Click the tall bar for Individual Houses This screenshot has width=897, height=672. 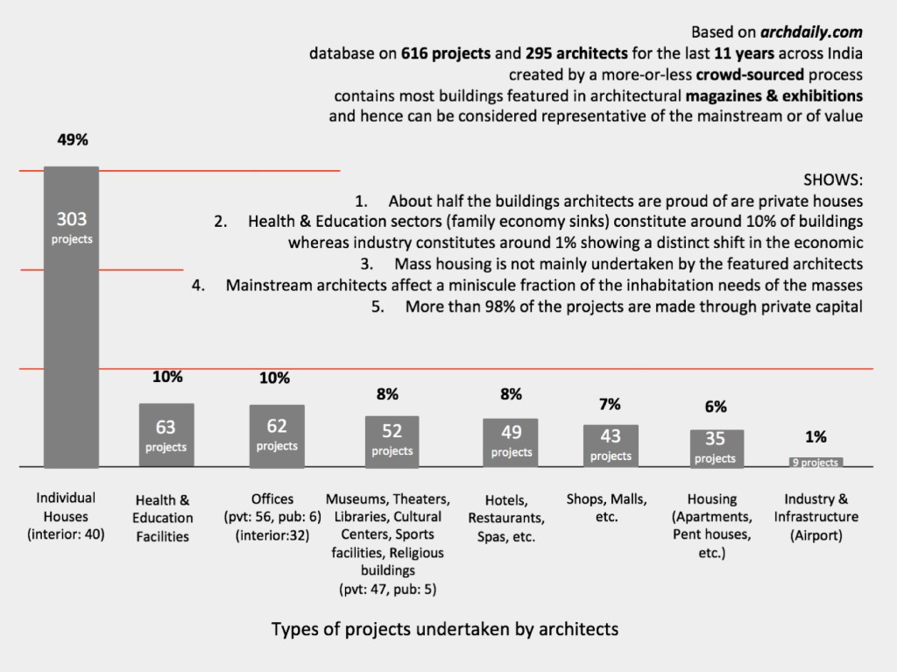pyautogui.click(x=72, y=315)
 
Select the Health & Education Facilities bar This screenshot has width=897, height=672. pyautogui.click(x=166, y=435)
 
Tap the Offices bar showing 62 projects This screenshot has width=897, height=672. pyautogui.click(x=277, y=435)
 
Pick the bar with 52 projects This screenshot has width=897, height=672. pyautogui.click(x=392, y=441)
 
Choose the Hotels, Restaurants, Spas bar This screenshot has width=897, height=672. pyautogui.click(x=511, y=442)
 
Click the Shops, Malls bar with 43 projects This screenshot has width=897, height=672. pyautogui.click(x=611, y=445)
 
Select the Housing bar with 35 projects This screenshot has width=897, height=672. pyautogui.click(x=715, y=448)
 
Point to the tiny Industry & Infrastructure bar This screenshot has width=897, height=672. pyautogui.click(x=815, y=463)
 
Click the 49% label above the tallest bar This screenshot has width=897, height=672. pyautogui.click(x=73, y=139)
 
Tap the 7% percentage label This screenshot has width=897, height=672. pyautogui.click(x=610, y=404)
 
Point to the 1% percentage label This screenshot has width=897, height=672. pyautogui.click(x=816, y=437)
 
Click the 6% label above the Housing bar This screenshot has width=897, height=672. pyautogui.click(x=715, y=407)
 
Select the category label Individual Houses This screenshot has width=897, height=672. pyautogui.click(x=67, y=515)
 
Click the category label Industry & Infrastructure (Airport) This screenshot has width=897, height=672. pyautogui.click(x=816, y=517)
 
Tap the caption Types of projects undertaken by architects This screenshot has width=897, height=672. pyautogui.click(x=445, y=629)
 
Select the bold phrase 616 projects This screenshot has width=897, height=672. pyautogui.click(x=446, y=53)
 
